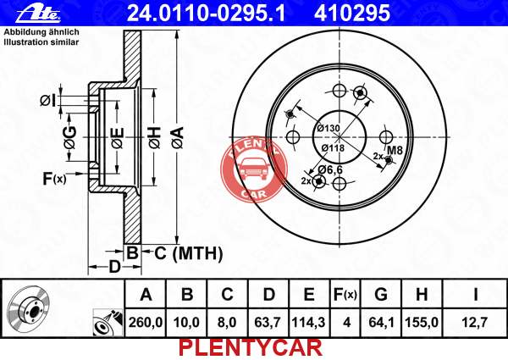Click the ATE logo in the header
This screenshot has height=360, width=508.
click(38, 14)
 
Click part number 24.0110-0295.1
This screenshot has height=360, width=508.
click(207, 14)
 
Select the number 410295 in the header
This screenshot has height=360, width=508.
click(352, 14)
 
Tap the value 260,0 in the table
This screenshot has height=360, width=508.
click(146, 323)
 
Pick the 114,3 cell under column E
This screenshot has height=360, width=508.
click(308, 323)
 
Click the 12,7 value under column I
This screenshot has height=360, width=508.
click(474, 323)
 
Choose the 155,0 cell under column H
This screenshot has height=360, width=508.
click(422, 323)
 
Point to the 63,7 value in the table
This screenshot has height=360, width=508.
click(268, 323)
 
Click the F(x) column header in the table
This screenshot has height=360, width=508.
click(345, 295)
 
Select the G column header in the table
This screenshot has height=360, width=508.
click(381, 295)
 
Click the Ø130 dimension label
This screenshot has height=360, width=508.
click(329, 128)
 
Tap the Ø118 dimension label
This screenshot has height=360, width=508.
click(333, 148)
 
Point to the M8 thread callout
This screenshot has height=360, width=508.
click(395, 150)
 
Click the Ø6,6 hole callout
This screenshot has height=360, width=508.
click(330, 169)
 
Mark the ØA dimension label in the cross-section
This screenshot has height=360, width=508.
click(178, 137)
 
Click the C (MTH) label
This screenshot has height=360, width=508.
click(189, 253)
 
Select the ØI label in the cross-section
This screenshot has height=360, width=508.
click(48, 101)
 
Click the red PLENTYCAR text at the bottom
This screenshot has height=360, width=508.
click(251, 348)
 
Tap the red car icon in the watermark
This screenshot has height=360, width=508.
click(254, 169)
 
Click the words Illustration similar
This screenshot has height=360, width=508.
click(41, 42)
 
